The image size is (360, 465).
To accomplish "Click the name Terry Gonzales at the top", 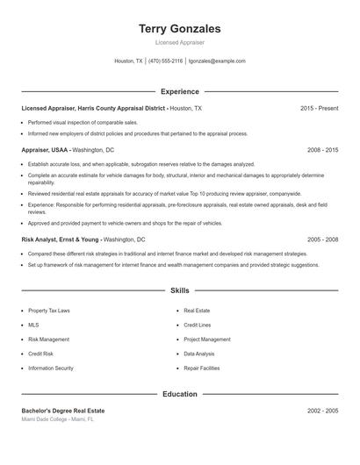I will (180, 29).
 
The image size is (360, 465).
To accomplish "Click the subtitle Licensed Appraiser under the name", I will (180, 42).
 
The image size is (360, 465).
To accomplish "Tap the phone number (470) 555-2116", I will (165, 61).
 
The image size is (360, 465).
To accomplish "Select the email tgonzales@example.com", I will (217, 61).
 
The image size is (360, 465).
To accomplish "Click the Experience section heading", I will (180, 91).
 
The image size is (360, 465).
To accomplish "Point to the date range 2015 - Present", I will (319, 108).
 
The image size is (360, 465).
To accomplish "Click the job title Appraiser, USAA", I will (46, 150).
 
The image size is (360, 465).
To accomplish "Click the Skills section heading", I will (180, 290).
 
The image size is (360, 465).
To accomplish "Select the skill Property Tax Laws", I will (49, 311).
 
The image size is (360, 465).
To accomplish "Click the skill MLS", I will (33, 325).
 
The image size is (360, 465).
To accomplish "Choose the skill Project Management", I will (207, 340).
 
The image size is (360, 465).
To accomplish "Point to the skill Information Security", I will (51, 368).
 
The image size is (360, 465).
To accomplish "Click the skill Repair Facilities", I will (202, 368).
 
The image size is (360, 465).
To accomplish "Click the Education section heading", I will (180, 394).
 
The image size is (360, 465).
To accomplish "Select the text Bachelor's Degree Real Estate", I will (63, 411).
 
